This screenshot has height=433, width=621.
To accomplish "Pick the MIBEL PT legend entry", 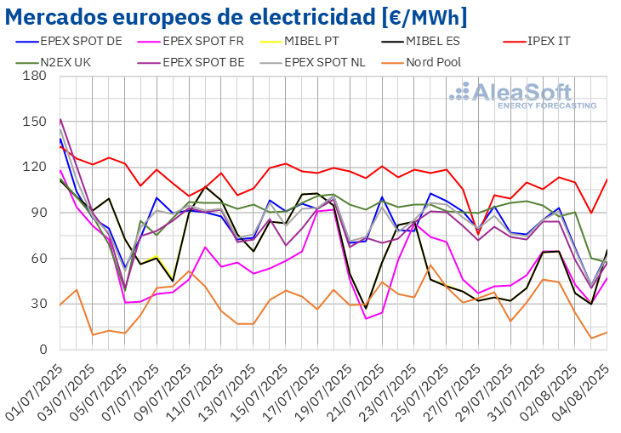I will click(332, 39).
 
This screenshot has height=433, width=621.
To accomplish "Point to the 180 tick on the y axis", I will click(35, 76).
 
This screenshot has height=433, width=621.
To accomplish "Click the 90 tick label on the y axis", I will click(38, 213).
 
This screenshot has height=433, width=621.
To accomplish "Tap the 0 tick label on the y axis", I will click(42, 350).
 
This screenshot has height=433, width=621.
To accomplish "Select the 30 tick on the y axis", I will click(38, 304).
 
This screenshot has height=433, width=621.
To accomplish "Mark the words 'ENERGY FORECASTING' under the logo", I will click(534, 105).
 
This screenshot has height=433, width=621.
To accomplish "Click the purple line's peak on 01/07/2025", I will click(60, 119).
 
